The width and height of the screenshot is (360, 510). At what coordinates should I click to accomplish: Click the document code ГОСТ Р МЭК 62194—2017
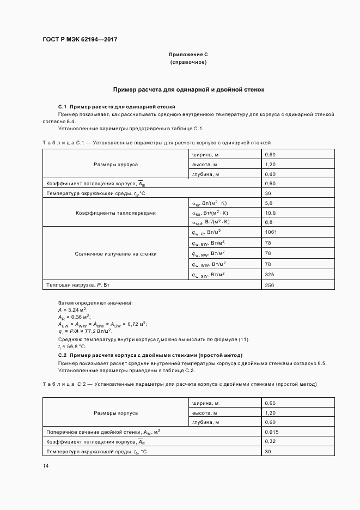tap(80, 40)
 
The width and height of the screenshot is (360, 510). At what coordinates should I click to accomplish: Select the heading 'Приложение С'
tap(188, 55)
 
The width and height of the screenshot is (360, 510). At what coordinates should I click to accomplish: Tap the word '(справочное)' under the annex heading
tap(188, 63)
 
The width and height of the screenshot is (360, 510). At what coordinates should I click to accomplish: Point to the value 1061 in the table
tap(271, 233)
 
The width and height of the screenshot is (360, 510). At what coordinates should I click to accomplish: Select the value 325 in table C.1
tap(269, 275)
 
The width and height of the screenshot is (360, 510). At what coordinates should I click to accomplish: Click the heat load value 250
tap(269, 285)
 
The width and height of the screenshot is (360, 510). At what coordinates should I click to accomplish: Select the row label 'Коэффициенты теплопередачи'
tap(115, 212)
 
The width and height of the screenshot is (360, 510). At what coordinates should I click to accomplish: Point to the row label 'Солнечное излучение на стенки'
tap(115, 254)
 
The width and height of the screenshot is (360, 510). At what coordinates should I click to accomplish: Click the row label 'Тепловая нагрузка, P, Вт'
tap(78, 285)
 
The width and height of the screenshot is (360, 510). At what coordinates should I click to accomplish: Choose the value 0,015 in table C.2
tap(271, 432)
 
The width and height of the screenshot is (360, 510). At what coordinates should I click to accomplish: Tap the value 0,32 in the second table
tap(269, 442)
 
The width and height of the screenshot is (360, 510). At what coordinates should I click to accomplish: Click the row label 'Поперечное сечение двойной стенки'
tap(103, 432)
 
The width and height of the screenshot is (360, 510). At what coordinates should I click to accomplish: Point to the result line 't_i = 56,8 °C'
tap(72, 347)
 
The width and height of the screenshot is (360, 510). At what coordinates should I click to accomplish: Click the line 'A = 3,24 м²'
tap(69, 309)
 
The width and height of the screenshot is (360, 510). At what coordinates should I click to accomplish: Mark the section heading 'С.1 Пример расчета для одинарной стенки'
tap(117, 107)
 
